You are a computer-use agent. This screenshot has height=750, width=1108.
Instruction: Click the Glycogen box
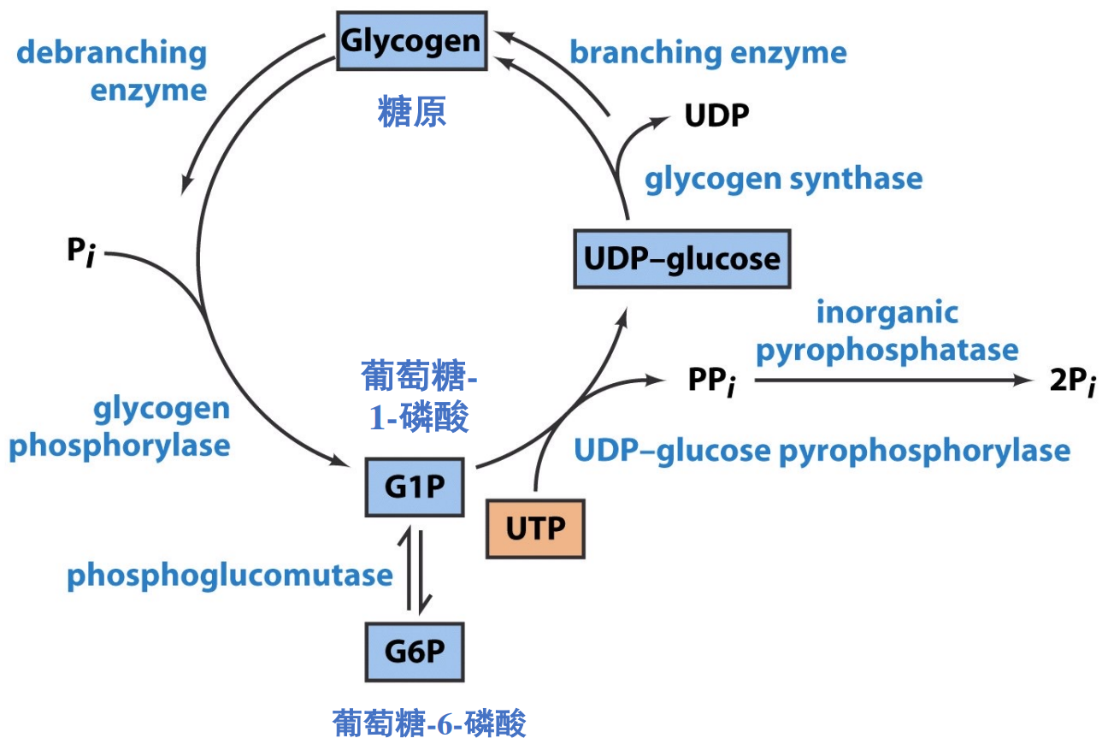(x=411, y=41)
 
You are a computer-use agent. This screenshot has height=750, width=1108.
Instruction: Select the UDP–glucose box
(x=681, y=258)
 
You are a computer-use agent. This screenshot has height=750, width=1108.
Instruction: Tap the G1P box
(x=414, y=487)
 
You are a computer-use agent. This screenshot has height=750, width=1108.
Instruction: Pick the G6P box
(x=415, y=652)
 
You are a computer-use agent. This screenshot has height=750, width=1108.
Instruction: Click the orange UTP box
(x=535, y=529)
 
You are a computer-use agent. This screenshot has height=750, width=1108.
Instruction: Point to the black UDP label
(x=716, y=115)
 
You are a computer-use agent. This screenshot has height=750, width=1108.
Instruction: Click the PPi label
(x=711, y=381)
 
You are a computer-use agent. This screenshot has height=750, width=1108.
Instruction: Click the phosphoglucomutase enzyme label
(x=229, y=576)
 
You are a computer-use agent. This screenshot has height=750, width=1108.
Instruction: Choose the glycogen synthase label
(x=783, y=179)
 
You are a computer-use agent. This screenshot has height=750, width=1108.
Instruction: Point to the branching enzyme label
(x=708, y=53)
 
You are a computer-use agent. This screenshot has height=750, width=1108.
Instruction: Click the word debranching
(x=112, y=53)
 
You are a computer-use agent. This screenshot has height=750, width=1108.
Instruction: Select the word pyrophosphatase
(x=887, y=350)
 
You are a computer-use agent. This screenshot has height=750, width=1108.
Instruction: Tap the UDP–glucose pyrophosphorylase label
(x=822, y=450)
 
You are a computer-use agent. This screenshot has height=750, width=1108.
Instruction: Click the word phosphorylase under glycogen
(x=120, y=446)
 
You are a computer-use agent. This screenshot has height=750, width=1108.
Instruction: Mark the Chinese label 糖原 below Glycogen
(x=412, y=112)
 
